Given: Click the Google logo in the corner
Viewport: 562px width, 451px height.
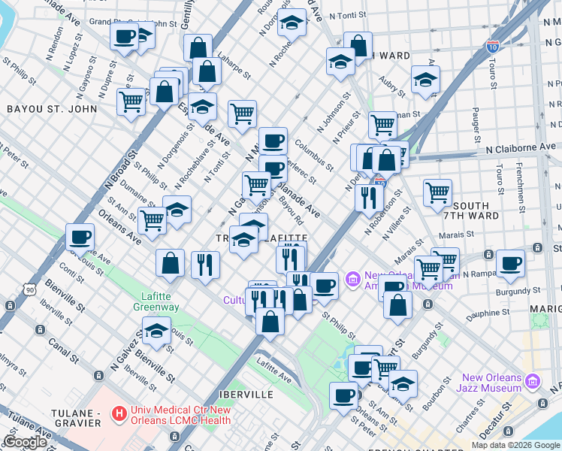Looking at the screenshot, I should pyautogui.click(x=25, y=442).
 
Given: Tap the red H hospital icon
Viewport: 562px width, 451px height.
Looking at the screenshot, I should pyautogui.click(x=118, y=413).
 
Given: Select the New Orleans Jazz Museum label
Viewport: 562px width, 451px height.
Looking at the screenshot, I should pyautogui.click(x=492, y=383).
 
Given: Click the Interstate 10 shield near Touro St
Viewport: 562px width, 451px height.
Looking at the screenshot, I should pyautogui.click(x=492, y=47).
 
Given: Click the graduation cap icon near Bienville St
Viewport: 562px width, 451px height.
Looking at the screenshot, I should pyautogui.click(x=156, y=331).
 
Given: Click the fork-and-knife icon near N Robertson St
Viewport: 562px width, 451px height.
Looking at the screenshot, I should pyautogui.click(x=368, y=197).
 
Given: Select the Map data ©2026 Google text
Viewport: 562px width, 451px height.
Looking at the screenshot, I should pyautogui.click(x=515, y=445).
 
